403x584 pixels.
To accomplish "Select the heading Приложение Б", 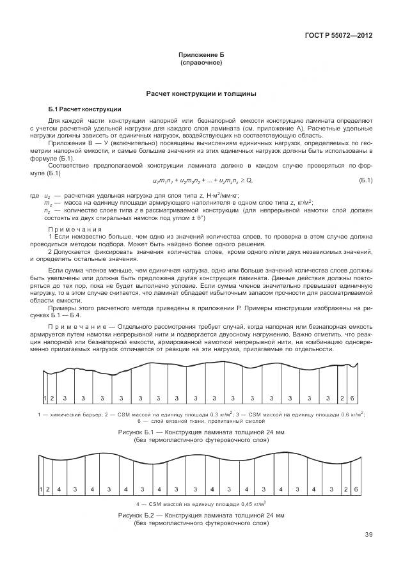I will pos(201,57).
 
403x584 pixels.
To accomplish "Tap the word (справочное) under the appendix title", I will pos(201,64).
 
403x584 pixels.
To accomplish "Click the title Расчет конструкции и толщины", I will pos(201,93).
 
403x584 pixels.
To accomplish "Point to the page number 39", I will pos(368,535).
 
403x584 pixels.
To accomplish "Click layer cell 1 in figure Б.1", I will pos(45,398).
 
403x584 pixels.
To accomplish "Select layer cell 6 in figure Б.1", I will pos(352,398).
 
